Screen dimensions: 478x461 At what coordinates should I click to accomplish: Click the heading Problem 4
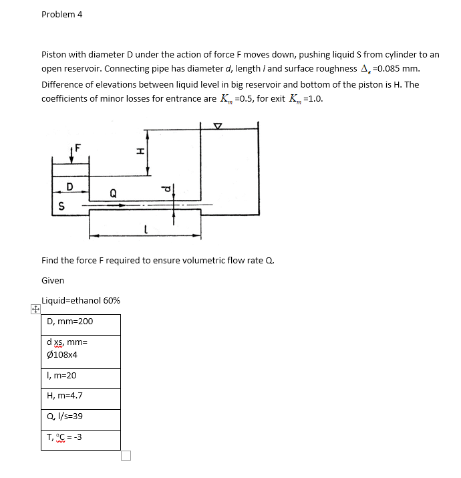coord(61,14)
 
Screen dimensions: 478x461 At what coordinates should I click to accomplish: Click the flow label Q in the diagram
coord(113,194)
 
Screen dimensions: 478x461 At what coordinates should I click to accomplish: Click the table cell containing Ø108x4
coord(81,351)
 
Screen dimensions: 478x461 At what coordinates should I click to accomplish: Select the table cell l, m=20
coord(81,378)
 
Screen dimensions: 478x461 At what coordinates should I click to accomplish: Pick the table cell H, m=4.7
coord(81,398)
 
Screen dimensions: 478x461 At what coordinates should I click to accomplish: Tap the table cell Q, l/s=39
coord(81,418)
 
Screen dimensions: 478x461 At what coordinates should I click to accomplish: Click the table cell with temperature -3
coord(81,439)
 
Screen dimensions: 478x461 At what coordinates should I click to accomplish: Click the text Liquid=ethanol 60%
coord(81,300)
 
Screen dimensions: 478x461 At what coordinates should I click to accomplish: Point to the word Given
coord(53,280)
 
